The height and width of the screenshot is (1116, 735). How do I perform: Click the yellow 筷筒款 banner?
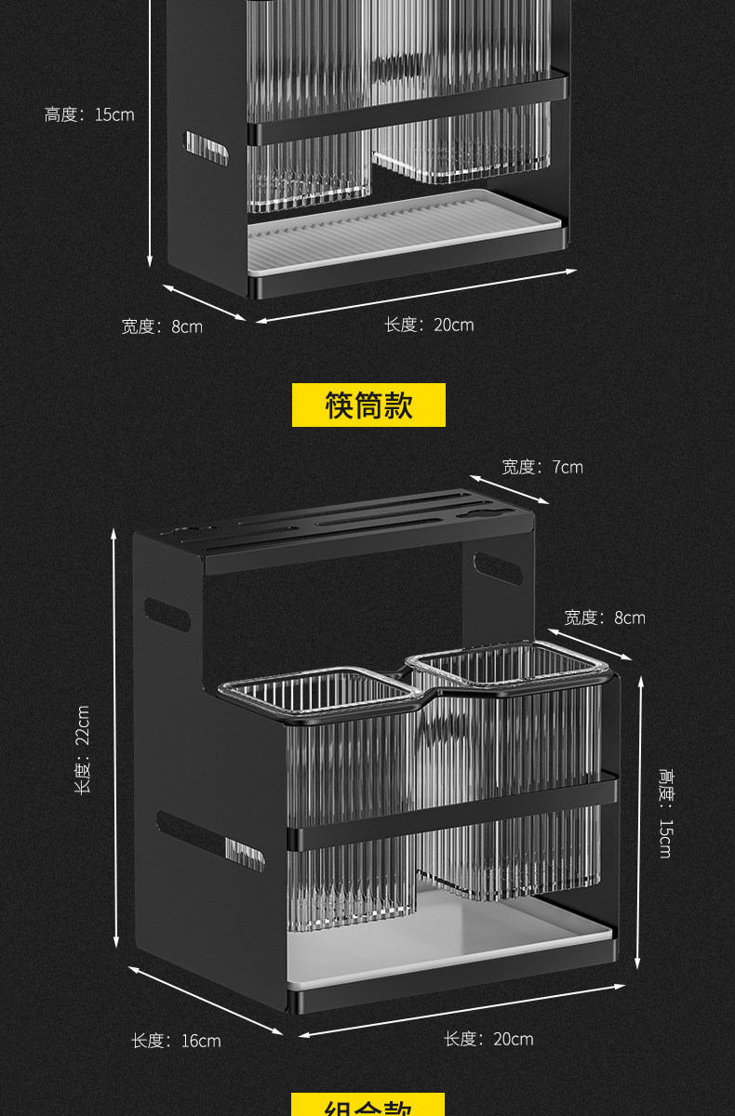tap(368, 405)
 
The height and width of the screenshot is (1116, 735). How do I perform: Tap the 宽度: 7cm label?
tap(542, 467)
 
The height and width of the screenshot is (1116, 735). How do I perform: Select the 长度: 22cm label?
tap(83, 749)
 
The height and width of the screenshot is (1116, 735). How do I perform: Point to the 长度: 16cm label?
tap(176, 1041)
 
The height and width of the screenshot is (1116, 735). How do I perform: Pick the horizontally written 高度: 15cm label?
tap(89, 114)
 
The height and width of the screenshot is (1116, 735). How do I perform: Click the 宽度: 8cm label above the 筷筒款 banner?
tap(161, 326)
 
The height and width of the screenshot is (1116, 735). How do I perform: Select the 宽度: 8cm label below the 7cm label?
tap(604, 618)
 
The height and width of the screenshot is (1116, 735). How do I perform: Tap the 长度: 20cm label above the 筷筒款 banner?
tap(429, 325)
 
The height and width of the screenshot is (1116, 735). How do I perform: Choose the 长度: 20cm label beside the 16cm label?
tap(488, 1039)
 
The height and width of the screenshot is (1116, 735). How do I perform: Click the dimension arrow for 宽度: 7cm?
tap(513, 488)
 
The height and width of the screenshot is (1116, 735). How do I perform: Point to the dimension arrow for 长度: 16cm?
tap(206, 1001)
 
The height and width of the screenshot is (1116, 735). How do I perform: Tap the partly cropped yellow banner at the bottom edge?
tap(368, 1106)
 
